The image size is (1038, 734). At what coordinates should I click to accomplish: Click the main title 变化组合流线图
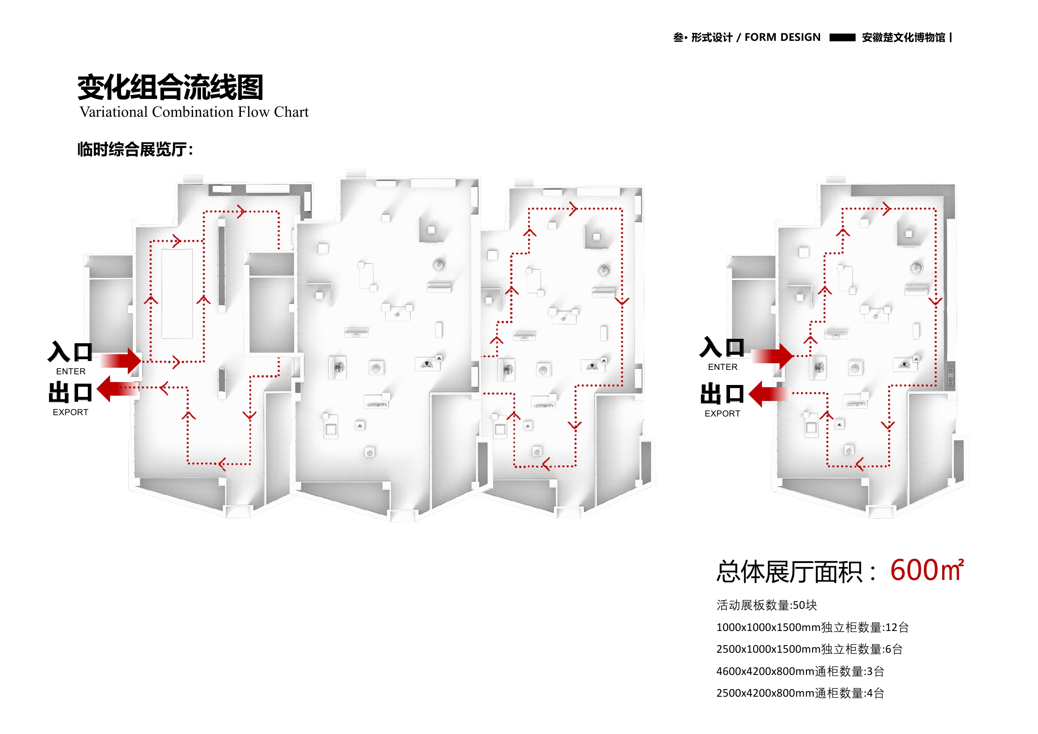click(x=170, y=87)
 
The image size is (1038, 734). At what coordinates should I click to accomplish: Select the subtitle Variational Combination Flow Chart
click(x=194, y=112)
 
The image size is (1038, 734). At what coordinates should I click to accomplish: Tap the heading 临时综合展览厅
click(x=135, y=149)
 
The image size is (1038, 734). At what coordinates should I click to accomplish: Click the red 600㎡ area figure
click(x=926, y=570)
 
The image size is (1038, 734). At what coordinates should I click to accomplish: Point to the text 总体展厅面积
click(x=796, y=572)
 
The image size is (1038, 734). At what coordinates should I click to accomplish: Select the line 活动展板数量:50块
click(x=766, y=605)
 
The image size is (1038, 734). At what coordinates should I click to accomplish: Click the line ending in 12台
click(x=813, y=627)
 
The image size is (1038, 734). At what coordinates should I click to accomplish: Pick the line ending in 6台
click(x=809, y=649)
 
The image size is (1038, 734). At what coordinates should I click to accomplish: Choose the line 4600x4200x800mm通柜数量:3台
click(x=800, y=671)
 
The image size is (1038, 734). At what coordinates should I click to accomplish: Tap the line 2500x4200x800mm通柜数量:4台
click(x=800, y=693)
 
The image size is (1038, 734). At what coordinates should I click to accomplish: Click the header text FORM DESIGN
click(x=782, y=37)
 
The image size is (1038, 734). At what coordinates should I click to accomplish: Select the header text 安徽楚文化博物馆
click(x=903, y=38)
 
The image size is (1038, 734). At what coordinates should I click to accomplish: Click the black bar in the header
click(x=842, y=38)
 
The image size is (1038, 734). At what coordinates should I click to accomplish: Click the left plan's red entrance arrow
click(x=121, y=361)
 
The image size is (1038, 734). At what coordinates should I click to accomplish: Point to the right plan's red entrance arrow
click(x=773, y=356)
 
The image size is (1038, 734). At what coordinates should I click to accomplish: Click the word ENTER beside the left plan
click(x=71, y=371)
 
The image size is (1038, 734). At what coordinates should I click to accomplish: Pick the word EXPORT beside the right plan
click(x=722, y=413)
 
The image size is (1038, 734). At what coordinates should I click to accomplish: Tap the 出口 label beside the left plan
click(x=70, y=392)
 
